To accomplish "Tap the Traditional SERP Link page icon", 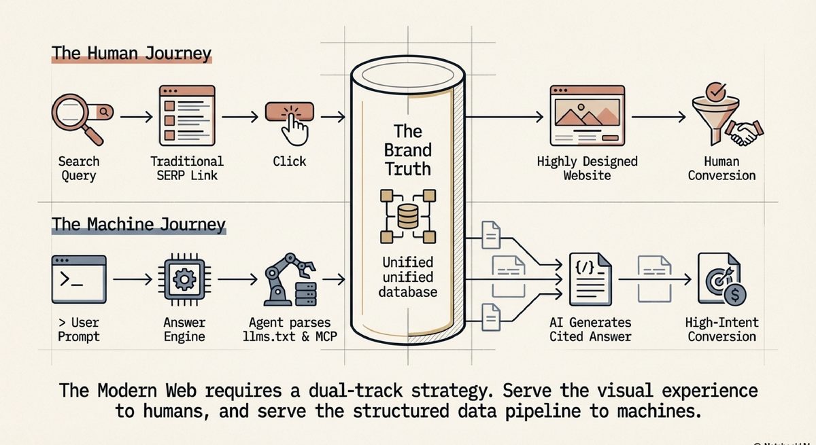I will coord(186,115).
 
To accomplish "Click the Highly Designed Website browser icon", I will coord(587,115).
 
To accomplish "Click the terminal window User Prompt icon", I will coord(78,279).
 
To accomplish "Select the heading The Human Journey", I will coord(131,54).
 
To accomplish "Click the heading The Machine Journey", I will coord(138,224).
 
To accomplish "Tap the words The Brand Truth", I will coord(408,150).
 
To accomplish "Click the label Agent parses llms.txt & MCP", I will coord(290,330).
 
